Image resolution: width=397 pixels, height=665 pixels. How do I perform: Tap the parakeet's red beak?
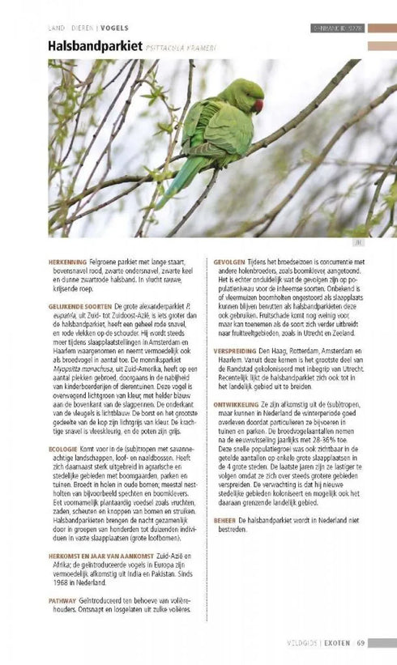[258, 104]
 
